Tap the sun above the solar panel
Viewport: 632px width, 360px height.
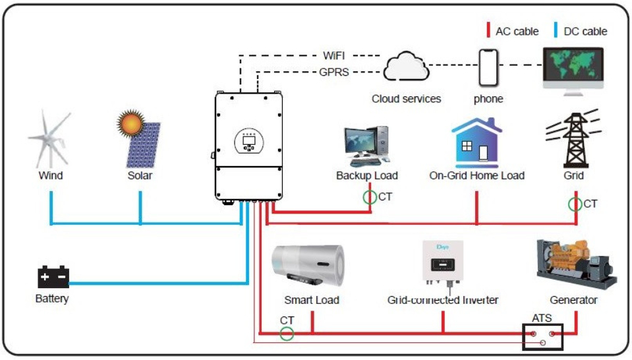click(x=130, y=123)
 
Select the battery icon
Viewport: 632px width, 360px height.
click(x=53, y=276)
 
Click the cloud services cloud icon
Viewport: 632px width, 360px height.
click(x=406, y=66)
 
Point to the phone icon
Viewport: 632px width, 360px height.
click(x=488, y=68)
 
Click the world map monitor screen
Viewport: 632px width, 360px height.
click(x=573, y=65)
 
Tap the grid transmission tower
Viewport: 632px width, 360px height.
click(x=574, y=138)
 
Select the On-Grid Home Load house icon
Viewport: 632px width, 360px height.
click(x=477, y=142)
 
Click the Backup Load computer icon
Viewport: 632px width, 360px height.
click(x=366, y=146)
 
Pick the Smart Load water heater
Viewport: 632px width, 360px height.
click(x=308, y=266)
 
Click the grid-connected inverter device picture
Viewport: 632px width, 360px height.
click(x=443, y=264)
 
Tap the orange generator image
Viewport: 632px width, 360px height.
click(x=576, y=264)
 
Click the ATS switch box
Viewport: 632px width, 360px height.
click(x=542, y=337)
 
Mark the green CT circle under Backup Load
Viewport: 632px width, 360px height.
click(x=370, y=197)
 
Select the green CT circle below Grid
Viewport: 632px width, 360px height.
click(x=575, y=204)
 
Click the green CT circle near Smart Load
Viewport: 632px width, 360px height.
click(x=287, y=334)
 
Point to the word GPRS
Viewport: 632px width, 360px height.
click(x=333, y=72)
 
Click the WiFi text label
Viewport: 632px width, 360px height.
click(x=333, y=55)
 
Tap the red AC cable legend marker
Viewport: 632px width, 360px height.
click(x=488, y=30)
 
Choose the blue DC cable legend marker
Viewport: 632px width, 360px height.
click(x=556, y=30)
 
